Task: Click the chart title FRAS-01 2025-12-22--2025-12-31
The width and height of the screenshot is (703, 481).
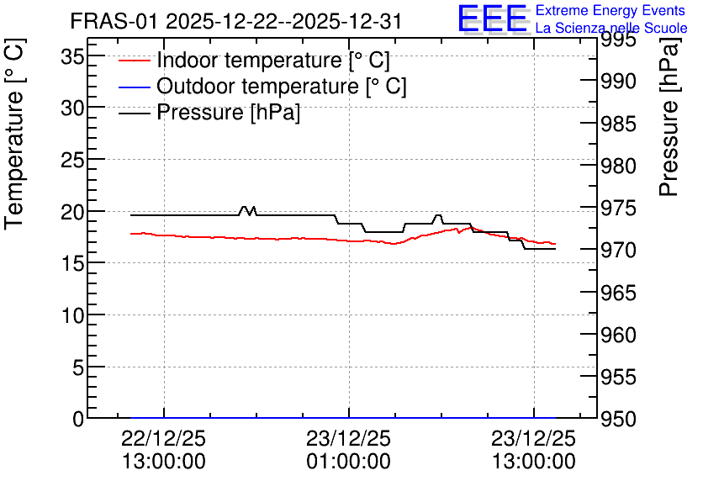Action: pos(235,22)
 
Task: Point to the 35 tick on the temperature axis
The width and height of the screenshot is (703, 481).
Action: pos(72,57)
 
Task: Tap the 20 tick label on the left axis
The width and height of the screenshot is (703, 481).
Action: pos(72,212)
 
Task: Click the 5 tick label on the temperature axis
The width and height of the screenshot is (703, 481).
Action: pos(78,368)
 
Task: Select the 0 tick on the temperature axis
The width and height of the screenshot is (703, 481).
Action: pos(78,420)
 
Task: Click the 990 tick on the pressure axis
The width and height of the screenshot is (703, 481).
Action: pos(618,82)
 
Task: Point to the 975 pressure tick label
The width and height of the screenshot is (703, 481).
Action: pos(618,209)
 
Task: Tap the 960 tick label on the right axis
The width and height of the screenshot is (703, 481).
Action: pos(618,335)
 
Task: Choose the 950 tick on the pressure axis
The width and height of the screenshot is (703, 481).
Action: pos(618,420)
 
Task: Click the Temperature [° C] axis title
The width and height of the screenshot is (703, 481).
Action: pos(14,135)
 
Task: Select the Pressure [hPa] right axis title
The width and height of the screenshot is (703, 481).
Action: pos(669,117)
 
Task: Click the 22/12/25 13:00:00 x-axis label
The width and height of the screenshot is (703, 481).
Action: pos(164,450)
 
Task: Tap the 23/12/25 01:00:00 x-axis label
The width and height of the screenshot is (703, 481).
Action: pos(349,450)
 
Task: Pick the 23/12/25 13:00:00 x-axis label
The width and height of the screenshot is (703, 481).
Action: pos(533,450)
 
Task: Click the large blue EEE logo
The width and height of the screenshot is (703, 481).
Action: pos(492,18)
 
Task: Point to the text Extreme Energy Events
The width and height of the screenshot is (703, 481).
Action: pos(610,10)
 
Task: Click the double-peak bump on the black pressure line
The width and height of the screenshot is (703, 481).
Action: pos(248,211)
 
